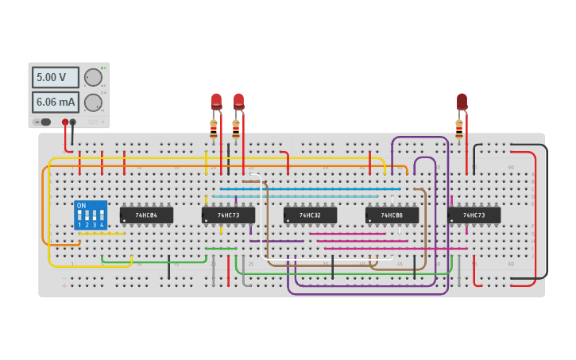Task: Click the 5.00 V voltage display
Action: [55, 77]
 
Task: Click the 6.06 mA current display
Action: [55, 102]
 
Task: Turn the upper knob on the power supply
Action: [93, 77]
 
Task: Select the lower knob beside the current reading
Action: [93, 103]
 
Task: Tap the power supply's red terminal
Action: [65, 122]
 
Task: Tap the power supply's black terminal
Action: [73, 122]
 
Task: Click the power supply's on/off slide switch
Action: [44, 122]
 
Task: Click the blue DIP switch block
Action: [91, 215]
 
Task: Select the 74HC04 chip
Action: [146, 215]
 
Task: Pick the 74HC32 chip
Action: [310, 215]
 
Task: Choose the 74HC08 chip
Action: [392, 215]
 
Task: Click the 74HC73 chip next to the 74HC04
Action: [228, 215]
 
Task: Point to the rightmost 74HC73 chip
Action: [474, 215]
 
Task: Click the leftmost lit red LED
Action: [216, 101]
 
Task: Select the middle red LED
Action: [238, 101]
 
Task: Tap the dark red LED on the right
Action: [462, 101]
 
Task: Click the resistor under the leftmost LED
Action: [213, 128]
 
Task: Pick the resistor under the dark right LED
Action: [458, 128]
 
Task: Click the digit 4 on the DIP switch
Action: [102, 226]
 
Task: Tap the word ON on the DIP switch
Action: [81, 206]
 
